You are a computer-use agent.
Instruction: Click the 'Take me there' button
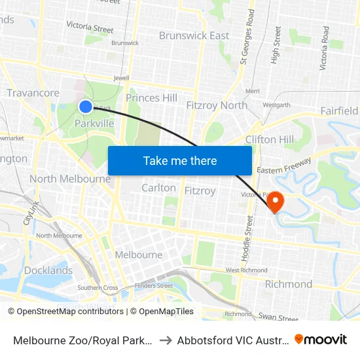[x=180, y=160]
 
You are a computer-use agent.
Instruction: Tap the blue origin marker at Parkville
[x=86, y=106]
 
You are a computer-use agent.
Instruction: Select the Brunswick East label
[x=194, y=35]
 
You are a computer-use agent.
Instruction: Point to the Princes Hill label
[x=151, y=98]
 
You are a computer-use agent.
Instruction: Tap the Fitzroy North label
[x=217, y=105]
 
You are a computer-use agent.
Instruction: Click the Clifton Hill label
[x=270, y=139]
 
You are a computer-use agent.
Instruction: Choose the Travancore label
[x=33, y=93]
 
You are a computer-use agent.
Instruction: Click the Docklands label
[x=48, y=270]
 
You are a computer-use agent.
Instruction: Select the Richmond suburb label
[x=288, y=284]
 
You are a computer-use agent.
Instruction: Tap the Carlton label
[x=158, y=188]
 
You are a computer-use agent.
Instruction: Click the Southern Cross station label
[x=98, y=287]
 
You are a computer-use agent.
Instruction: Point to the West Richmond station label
[x=246, y=270]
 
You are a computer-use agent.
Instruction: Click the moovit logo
[x=321, y=339]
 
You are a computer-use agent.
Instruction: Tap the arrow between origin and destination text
[x=165, y=340]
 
